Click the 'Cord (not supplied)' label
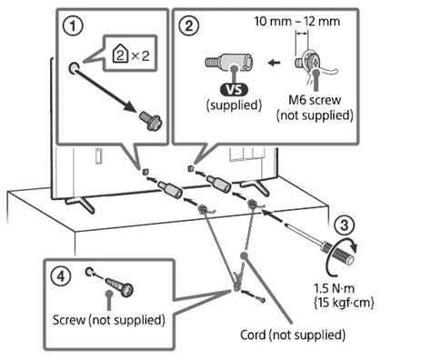tap(300, 335)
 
